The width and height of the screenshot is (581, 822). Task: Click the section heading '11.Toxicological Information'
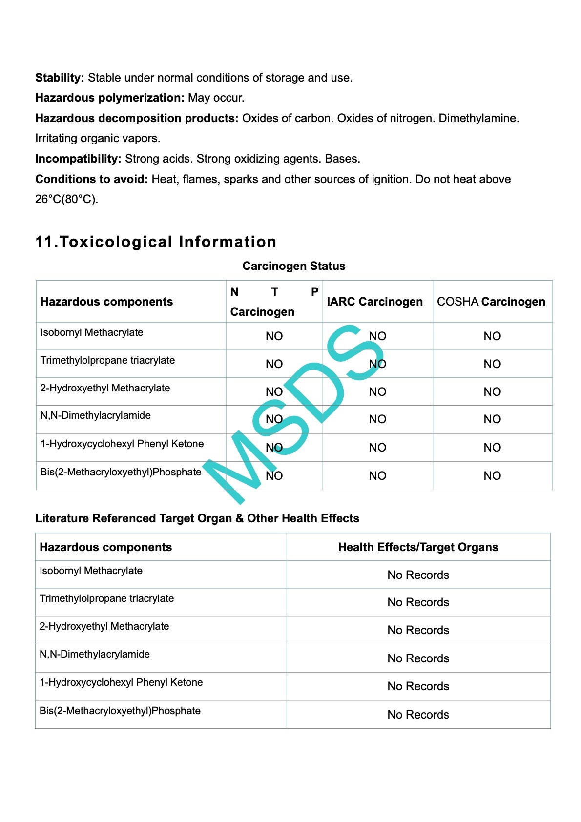pos(156,242)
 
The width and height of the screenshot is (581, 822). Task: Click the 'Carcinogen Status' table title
pos(293,266)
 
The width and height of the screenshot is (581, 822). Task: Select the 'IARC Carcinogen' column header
pos(374,302)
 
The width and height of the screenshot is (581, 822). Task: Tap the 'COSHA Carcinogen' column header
pos(491,302)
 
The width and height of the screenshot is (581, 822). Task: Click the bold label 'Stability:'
pos(60,78)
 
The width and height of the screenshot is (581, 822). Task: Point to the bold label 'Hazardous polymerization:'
pos(109,98)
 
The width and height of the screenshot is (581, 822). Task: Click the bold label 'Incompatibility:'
pos(78,159)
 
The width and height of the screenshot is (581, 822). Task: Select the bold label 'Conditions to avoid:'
pos(91,179)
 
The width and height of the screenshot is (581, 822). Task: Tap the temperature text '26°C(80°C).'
pos(66,199)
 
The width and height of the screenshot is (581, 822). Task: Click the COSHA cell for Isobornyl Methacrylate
pos(492,336)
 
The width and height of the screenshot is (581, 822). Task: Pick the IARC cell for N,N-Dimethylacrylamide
pos(377,419)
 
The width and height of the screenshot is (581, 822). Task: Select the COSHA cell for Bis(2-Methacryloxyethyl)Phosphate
pos(492,476)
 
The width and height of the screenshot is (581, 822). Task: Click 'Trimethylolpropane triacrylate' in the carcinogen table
pos(107,360)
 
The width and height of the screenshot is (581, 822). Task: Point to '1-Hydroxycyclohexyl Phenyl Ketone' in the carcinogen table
pos(122,444)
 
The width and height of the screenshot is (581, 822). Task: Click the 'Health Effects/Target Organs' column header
pos(418,547)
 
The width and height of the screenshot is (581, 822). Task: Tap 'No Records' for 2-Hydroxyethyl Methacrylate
pos(418,630)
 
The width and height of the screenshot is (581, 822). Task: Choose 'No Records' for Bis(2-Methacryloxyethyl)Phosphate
pos(418,715)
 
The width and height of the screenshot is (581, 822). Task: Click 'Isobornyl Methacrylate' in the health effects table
pos(91,571)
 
